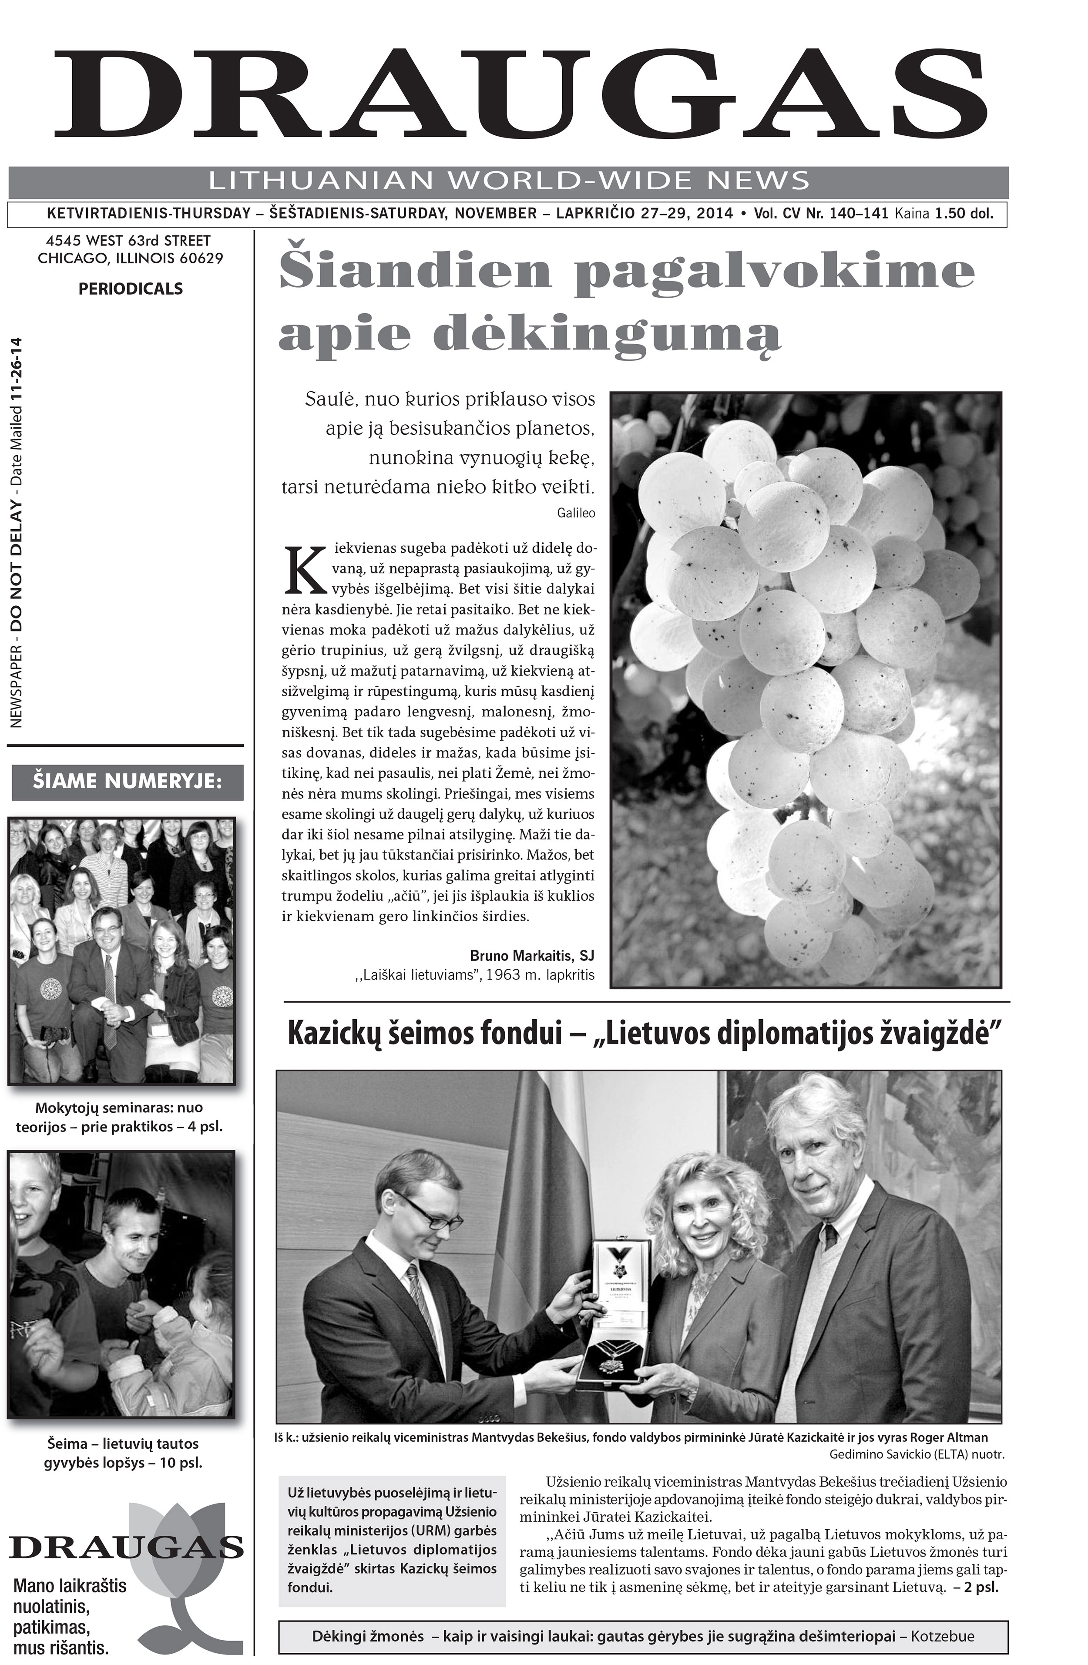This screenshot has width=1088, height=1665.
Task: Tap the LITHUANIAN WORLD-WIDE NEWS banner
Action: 509,181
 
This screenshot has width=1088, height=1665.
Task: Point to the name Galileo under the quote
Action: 576,513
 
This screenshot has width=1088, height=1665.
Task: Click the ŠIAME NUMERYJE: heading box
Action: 128,782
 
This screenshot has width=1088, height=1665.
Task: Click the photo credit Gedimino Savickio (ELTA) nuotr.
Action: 916,1454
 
